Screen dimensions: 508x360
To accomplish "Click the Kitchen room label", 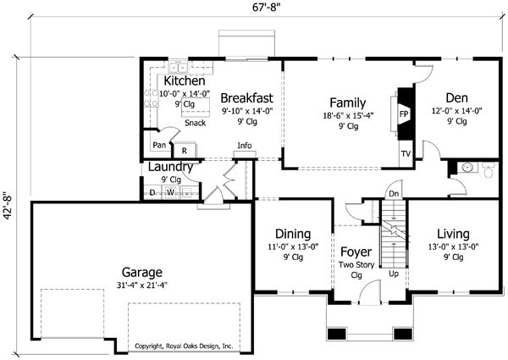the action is click(x=185, y=80).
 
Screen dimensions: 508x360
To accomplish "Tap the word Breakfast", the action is click(x=247, y=98).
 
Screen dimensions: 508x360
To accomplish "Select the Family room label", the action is click(x=348, y=102).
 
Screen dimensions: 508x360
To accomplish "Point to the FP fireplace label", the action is click(x=404, y=114).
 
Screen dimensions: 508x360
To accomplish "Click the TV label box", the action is click(x=406, y=154).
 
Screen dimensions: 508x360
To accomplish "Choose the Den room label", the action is click(x=457, y=98).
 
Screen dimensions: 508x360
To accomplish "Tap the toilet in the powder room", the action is click(x=489, y=170).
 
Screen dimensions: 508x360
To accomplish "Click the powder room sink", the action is click(x=467, y=168).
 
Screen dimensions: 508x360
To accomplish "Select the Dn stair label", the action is click(x=394, y=194).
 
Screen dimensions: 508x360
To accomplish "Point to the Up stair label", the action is click(x=394, y=274).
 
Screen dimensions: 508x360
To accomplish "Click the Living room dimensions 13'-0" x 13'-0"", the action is click(x=453, y=246).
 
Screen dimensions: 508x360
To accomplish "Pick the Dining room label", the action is click(x=293, y=234).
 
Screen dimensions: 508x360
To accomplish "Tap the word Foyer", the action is click(x=356, y=252).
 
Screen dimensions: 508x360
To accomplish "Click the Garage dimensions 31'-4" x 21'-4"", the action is click(x=142, y=285).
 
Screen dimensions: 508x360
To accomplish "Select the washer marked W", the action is click(x=171, y=192).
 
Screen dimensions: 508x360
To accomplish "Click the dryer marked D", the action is click(x=152, y=192).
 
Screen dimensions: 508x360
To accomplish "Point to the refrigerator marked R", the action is click(x=185, y=150).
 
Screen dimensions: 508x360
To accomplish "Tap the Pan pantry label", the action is click(x=159, y=145).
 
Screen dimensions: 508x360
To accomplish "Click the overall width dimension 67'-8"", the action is click(x=266, y=7).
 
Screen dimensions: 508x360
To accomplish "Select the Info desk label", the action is click(x=245, y=146).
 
